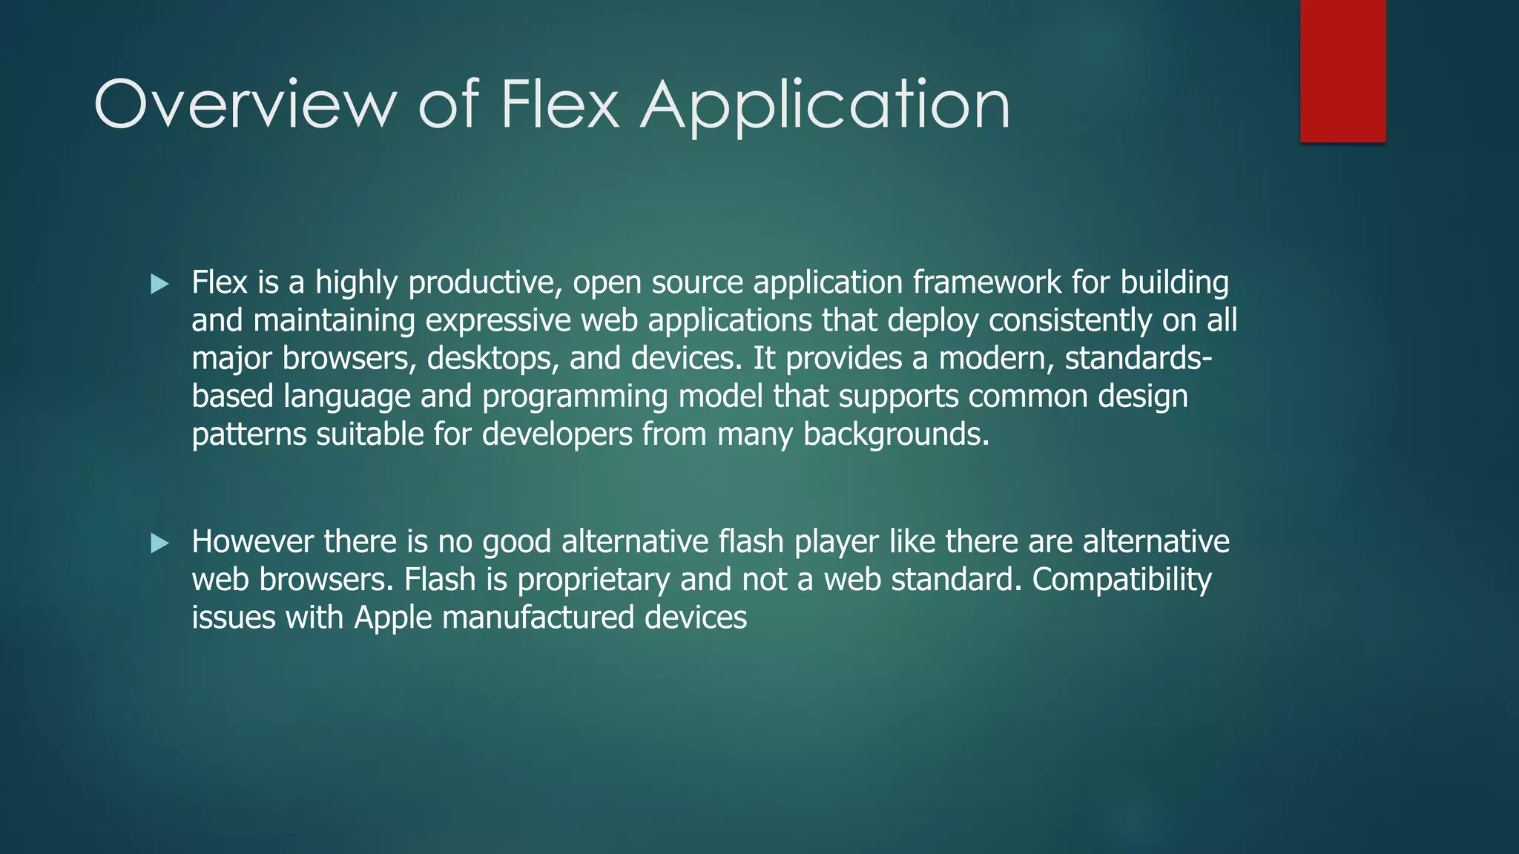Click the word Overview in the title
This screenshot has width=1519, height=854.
click(x=246, y=105)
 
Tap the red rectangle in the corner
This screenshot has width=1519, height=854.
click(x=1342, y=70)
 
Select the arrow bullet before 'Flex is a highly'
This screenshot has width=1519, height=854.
click(x=159, y=284)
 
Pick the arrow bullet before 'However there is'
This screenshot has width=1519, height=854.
click(x=159, y=543)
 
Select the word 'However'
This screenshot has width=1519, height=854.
click(x=252, y=542)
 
